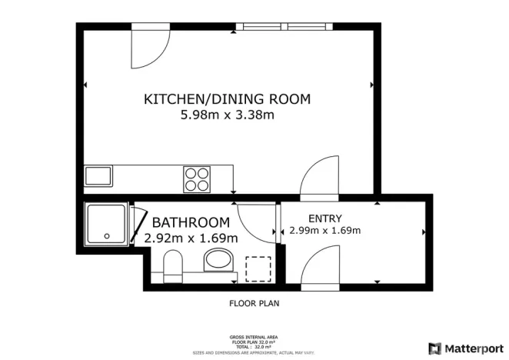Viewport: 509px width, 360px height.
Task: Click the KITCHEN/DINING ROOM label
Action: (x=227, y=99)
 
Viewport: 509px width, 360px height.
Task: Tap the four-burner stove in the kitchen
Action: (x=197, y=178)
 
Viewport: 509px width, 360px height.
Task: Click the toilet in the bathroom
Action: (x=173, y=268)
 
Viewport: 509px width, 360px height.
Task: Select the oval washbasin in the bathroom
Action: (x=221, y=260)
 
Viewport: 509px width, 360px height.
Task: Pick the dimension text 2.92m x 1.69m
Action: (x=191, y=238)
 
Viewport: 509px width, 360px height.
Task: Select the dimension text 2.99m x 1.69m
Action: (x=324, y=230)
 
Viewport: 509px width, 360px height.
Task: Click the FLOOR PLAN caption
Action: (x=254, y=303)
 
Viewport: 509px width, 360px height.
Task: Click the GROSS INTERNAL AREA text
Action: (x=254, y=337)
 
